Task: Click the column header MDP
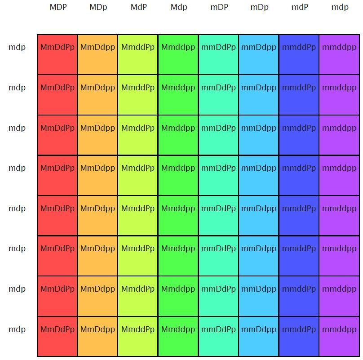pos(58,7)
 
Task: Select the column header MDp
pos(98,7)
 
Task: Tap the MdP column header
pos(138,7)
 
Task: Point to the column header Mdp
pos(179,7)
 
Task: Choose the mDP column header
pos(219,7)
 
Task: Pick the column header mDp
pos(259,7)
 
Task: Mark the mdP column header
pos(300,7)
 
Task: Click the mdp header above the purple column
pos(340,7)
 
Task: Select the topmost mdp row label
pos(17,47)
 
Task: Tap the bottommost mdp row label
pos(17,329)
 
